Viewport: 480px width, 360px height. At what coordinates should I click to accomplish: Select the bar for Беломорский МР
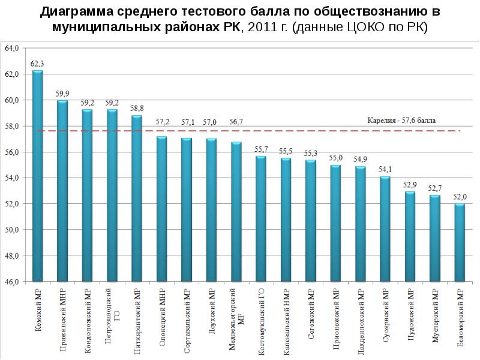click(x=460, y=242)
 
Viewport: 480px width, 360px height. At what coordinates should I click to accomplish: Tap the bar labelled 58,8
click(x=137, y=198)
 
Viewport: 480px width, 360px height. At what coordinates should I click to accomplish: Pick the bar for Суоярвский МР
click(x=385, y=229)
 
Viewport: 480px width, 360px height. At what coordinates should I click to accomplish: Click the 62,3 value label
click(x=37, y=63)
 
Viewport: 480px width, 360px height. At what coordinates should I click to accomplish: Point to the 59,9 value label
click(x=62, y=93)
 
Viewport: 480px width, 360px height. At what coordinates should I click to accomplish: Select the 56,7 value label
click(x=236, y=122)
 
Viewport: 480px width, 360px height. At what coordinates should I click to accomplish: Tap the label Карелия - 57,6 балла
click(x=401, y=120)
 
